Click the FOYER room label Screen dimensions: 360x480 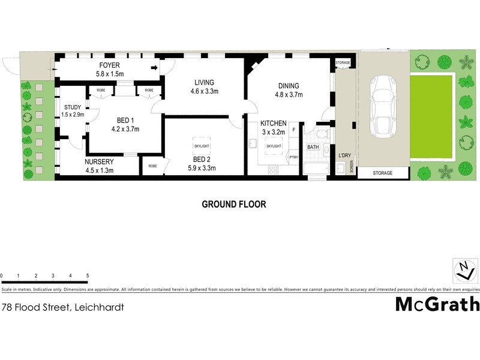[109, 65]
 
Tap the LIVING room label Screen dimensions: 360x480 [204, 82]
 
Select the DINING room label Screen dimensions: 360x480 [289, 86]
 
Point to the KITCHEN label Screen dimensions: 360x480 [273, 123]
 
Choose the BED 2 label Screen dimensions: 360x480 [201, 160]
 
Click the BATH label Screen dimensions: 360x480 [313, 147]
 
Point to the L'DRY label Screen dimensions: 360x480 [344, 156]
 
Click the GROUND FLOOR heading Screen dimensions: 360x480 [233, 204]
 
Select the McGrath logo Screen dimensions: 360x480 [437, 304]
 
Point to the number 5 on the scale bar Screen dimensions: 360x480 [88, 276]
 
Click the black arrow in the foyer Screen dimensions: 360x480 [154, 68]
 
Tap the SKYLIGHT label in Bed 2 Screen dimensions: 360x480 [201, 146]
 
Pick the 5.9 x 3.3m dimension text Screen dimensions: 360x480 [201, 169]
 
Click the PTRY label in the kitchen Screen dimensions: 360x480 [293, 158]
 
